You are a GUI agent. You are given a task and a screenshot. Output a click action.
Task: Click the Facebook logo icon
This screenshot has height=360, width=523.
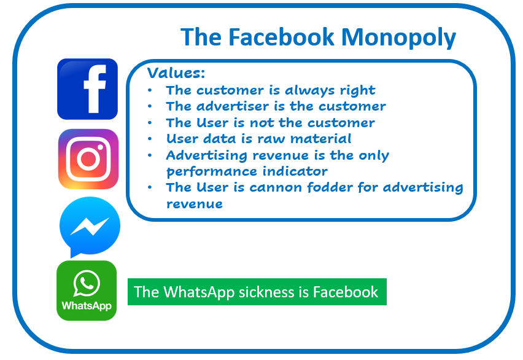tap(87, 89)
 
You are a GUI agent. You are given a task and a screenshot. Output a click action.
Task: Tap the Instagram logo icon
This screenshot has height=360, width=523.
tap(88, 159)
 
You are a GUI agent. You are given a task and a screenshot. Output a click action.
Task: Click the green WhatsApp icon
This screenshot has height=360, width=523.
tap(87, 291)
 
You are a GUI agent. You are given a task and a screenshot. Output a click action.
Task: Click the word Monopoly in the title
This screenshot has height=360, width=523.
tap(398, 37)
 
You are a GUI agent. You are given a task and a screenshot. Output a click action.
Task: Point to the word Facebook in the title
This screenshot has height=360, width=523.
tap(281, 37)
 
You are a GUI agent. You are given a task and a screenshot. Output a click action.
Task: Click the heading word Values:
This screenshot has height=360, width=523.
tap(176, 73)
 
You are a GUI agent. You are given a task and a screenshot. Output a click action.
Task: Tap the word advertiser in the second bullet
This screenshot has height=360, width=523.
tap(233, 106)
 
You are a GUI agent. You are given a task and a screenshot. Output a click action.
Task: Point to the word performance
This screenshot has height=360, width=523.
tap(211, 171)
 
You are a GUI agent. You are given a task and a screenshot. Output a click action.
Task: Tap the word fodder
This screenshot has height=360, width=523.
tap(330, 187)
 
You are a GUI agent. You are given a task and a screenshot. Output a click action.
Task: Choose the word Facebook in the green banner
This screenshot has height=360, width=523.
tap(346, 292)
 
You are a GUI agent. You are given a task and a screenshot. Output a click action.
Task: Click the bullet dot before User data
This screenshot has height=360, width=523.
tap(150, 139)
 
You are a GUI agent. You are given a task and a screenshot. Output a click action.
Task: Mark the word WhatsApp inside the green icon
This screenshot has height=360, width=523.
tap(87, 306)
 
